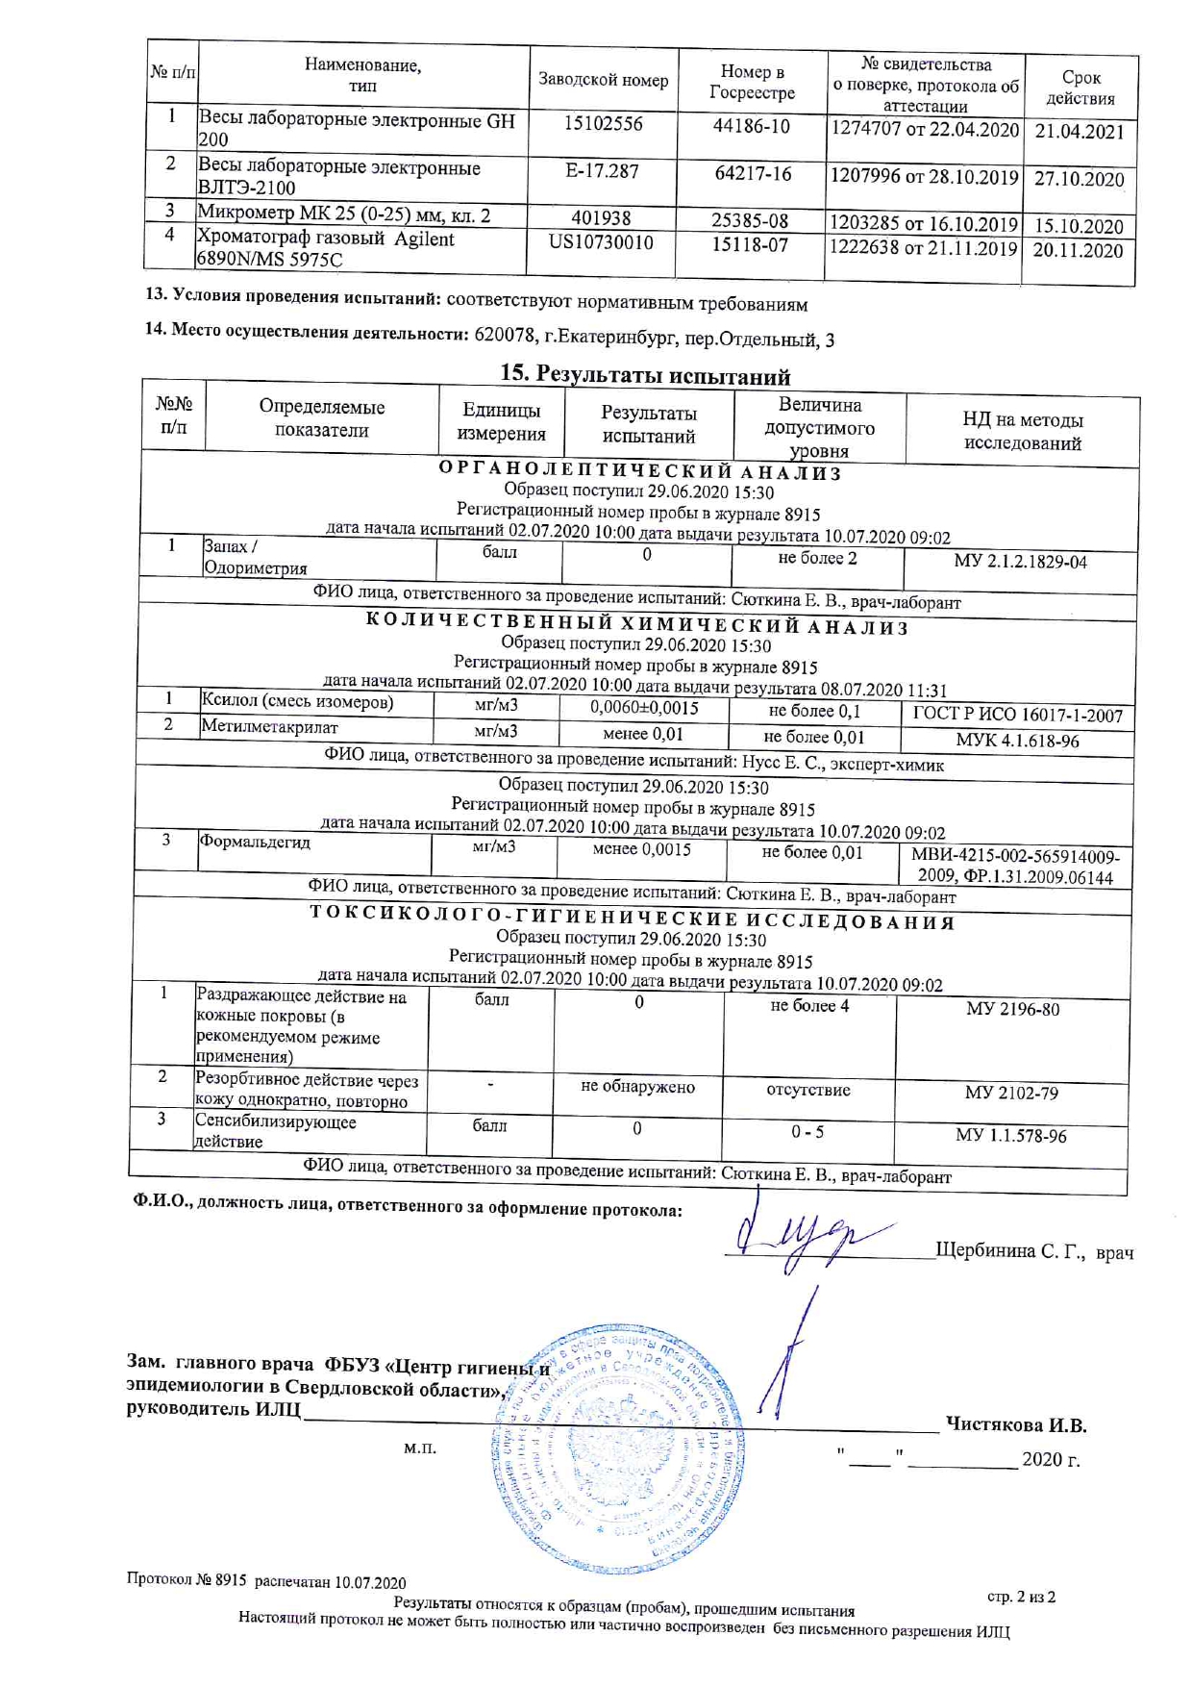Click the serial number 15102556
(x=603, y=124)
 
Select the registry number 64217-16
(x=753, y=174)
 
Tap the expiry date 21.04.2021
(x=1080, y=132)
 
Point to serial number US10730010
(x=601, y=242)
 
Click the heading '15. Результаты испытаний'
(x=644, y=375)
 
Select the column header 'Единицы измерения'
(x=501, y=422)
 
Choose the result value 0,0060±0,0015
(x=644, y=709)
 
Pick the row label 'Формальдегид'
(x=255, y=842)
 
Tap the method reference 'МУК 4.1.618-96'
(x=1017, y=741)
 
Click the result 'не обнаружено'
(x=637, y=1087)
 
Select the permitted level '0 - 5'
(x=807, y=1132)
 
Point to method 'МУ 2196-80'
(x=1012, y=1009)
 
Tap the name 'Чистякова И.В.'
(x=1015, y=1424)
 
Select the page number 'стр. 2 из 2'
(x=1021, y=1597)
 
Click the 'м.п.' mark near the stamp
(x=420, y=1448)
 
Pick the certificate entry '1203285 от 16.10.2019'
(x=923, y=224)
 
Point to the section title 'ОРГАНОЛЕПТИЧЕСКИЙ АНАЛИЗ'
(x=640, y=472)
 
